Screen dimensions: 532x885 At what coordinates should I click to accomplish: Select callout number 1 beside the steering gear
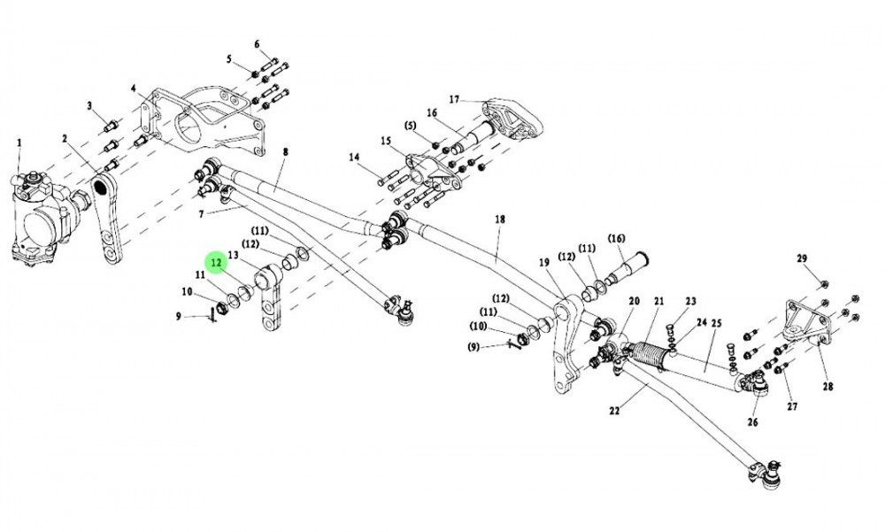(x=19, y=143)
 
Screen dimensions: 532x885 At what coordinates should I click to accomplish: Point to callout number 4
(x=133, y=89)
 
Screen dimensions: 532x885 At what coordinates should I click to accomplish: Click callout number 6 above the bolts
(x=258, y=43)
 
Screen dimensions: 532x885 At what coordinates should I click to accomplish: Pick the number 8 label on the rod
(x=286, y=152)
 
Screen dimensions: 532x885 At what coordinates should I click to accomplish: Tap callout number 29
(x=802, y=258)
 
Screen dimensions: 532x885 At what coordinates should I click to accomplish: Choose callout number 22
(x=615, y=410)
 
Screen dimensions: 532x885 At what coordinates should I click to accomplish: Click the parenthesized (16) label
(x=617, y=238)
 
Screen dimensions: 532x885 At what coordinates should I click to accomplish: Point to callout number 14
(x=354, y=158)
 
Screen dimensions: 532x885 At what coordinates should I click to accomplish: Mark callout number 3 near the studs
(x=89, y=106)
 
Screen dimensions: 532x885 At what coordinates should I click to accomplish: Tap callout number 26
(x=753, y=420)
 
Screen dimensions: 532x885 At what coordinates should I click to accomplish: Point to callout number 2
(x=65, y=138)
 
